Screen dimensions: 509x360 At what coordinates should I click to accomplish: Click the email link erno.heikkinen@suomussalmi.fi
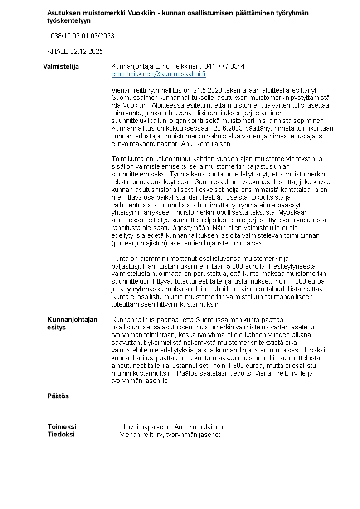pos(158,74)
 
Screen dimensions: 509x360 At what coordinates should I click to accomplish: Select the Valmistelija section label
pos(61,67)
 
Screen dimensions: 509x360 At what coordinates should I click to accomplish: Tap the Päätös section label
pos(58,396)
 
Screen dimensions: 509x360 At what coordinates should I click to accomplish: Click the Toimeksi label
pos(62,427)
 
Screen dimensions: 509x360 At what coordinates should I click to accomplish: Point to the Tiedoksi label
pos(61,435)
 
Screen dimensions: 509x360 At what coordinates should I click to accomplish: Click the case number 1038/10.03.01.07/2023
pos(81,36)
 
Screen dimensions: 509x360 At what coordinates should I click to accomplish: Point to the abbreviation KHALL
pos(57,51)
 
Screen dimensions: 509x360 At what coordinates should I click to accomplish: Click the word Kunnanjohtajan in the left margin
pos(72,320)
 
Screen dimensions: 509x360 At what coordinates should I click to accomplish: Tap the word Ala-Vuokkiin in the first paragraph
pos(126,105)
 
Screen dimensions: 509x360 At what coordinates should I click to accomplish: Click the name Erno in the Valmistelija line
pos(160,67)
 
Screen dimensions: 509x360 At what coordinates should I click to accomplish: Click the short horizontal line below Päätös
pos(126,415)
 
